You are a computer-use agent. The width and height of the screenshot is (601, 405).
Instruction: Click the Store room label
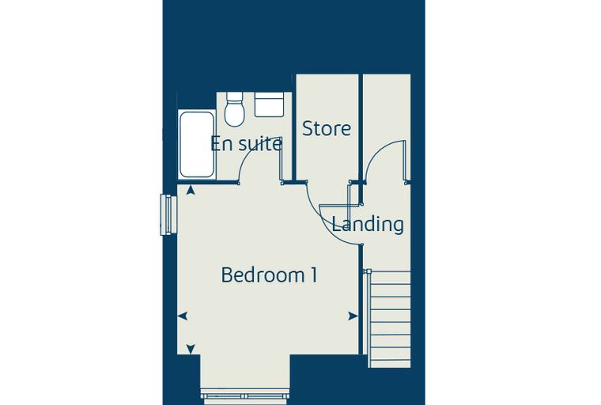coord(326,128)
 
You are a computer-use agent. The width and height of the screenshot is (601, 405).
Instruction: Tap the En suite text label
coord(247,144)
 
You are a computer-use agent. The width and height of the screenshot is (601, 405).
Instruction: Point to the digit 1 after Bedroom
coord(314,275)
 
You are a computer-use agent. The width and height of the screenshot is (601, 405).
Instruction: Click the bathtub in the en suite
coord(197,144)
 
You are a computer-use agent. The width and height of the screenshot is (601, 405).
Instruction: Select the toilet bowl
coord(235,113)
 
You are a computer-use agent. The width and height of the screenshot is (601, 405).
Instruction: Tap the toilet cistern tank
coord(235,97)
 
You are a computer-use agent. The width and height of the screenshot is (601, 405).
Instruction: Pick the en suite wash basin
coord(270,104)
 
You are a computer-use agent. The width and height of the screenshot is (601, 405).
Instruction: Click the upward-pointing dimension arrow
coord(190,190)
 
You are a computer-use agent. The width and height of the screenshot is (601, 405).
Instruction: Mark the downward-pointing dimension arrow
coord(191,349)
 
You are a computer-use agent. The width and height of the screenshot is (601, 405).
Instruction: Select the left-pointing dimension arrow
coord(183,316)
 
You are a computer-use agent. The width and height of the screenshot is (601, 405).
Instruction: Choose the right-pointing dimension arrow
coord(353,316)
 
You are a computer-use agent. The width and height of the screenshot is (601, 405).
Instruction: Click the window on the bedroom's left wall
coord(168,215)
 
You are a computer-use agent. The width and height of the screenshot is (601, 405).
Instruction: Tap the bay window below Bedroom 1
coord(245,396)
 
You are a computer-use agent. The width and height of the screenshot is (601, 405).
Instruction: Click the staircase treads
coord(389,319)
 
